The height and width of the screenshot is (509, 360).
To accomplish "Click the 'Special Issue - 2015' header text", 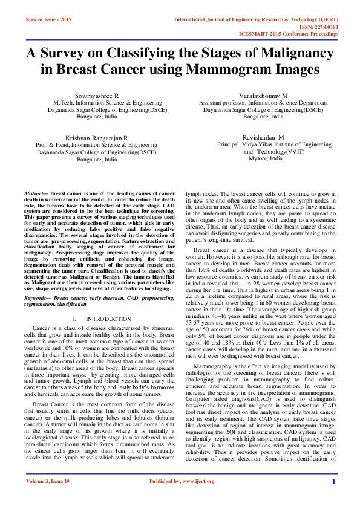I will click(48, 19).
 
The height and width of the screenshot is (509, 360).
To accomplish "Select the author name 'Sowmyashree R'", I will click(96, 96).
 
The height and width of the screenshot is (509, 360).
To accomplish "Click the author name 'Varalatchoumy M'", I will click(264, 96).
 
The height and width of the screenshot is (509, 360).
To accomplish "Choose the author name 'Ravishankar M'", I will click(263, 138).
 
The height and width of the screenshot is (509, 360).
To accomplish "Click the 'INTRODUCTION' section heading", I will click(108, 319).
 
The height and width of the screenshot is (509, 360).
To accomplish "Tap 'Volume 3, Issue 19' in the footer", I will click(47, 498).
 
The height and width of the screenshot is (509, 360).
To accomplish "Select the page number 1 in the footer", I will click(333, 498).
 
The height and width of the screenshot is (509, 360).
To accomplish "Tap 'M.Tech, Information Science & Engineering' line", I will click(99, 103).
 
